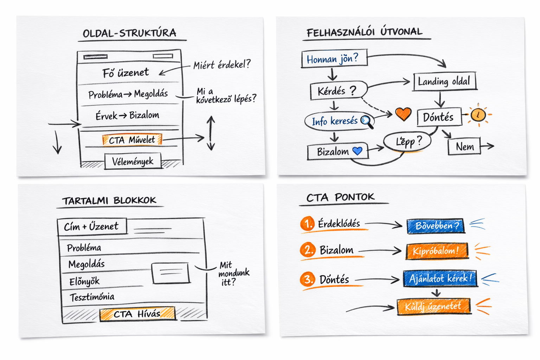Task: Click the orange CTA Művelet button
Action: click(x=132, y=140)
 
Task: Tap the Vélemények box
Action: click(x=133, y=161)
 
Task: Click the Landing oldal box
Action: click(x=444, y=82)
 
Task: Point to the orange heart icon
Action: click(x=403, y=114)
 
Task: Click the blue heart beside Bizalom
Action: click(x=358, y=151)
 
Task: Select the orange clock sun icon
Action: click(x=478, y=115)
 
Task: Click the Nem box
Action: click(x=464, y=147)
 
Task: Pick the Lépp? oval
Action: click(x=407, y=141)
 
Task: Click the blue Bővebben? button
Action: click(x=435, y=226)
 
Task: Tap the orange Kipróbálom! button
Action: click(x=437, y=251)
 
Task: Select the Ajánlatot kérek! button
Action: click(x=439, y=278)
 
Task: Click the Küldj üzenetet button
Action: click(x=433, y=307)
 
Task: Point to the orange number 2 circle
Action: click(x=308, y=250)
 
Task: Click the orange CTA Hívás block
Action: click(x=137, y=314)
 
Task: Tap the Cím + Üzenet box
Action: click(x=91, y=227)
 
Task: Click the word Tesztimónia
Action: click(x=92, y=297)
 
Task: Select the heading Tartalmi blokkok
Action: click(x=109, y=201)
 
